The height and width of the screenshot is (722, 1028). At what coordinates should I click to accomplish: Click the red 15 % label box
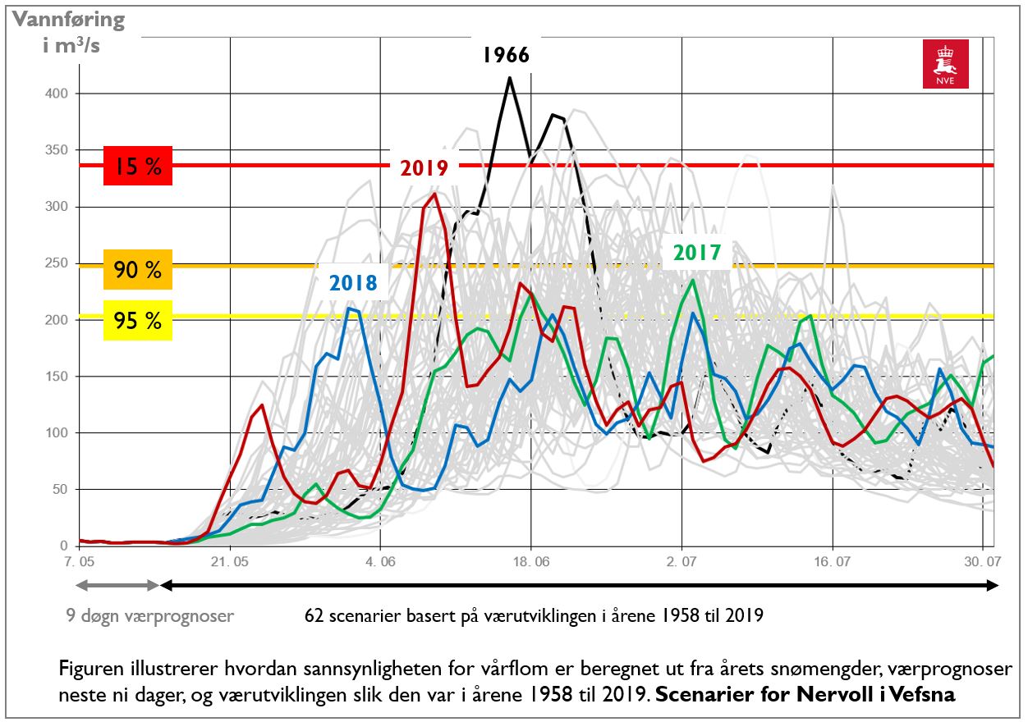(137, 167)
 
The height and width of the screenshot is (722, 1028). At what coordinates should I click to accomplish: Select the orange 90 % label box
(137, 270)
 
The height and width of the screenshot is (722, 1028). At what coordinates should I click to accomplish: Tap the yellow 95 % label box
(137, 320)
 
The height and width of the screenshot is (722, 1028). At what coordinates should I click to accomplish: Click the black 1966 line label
(506, 56)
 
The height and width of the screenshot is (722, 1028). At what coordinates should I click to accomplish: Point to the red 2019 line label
(424, 168)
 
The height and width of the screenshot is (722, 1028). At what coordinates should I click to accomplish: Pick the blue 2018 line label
(353, 284)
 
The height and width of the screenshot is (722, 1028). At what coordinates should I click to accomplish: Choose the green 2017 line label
(697, 253)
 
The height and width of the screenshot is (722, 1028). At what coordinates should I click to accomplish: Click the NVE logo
(945, 64)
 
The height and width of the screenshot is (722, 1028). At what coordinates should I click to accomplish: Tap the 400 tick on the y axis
(57, 94)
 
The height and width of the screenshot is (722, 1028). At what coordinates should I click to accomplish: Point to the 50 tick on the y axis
(60, 490)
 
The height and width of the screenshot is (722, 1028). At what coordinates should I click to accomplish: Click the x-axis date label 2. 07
(682, 562)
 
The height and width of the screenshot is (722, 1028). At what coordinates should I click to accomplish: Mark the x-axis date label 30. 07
(983, 562)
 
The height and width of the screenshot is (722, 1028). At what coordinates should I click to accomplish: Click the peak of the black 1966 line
(509, 78)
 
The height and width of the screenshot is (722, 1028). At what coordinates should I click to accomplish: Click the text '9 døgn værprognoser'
(149, 615)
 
